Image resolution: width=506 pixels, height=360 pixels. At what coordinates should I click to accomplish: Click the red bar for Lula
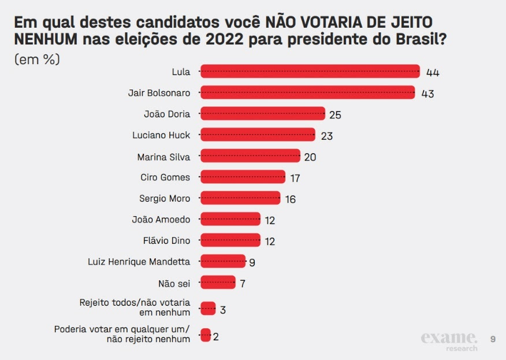point(310,72)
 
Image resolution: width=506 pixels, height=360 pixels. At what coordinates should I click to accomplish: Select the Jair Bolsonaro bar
point(307,92)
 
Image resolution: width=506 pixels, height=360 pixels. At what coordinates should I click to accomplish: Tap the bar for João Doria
point(262,114)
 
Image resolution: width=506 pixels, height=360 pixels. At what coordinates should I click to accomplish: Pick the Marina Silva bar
point(250,156)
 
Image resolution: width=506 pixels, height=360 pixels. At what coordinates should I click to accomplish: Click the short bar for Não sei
point(218,283)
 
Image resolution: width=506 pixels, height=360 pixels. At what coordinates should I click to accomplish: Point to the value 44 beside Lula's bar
point(433,72)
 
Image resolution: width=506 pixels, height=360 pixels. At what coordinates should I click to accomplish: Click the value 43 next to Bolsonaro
point(427,94)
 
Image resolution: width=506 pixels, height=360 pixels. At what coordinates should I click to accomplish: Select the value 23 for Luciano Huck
point(328,136)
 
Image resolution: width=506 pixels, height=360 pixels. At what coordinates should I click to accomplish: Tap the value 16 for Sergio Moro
point(291,199)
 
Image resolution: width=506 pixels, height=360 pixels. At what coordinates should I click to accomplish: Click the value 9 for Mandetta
point(252,262)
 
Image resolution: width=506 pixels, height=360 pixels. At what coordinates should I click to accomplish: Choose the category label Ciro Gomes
point(165,177)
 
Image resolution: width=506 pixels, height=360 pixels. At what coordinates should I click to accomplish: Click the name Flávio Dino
point(166,240)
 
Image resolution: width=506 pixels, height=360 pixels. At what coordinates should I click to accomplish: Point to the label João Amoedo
point(161,219)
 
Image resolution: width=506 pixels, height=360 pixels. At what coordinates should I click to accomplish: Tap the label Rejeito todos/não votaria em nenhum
point(134,307)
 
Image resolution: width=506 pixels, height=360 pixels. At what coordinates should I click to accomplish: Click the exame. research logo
point(449,340)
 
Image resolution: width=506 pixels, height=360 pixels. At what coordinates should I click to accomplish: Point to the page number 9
point(493,339)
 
